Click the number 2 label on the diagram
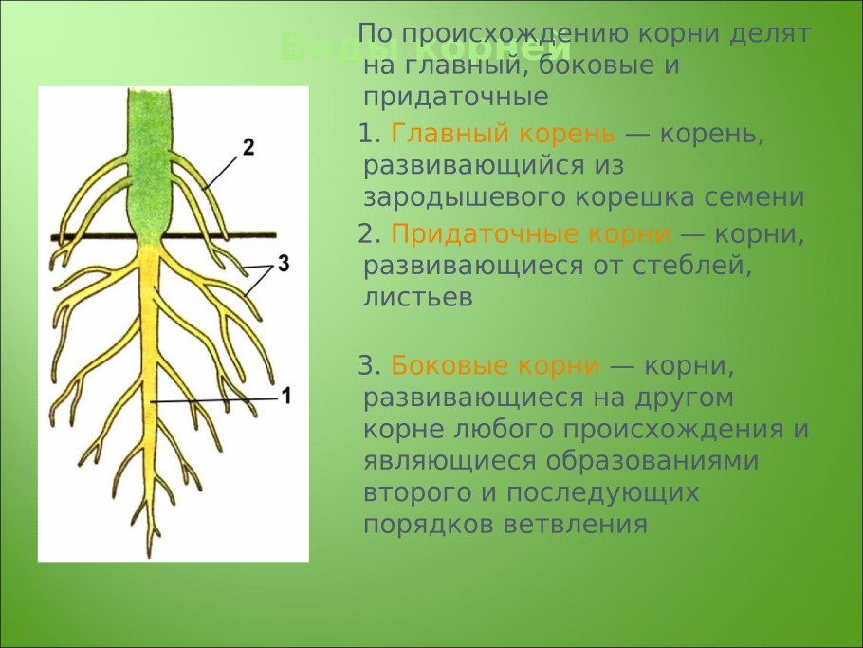(x=248, y=147)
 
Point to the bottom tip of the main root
(x=149, y=554)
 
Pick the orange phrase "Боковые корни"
(x=495, y=365)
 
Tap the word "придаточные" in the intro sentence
(x=456, y=97)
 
